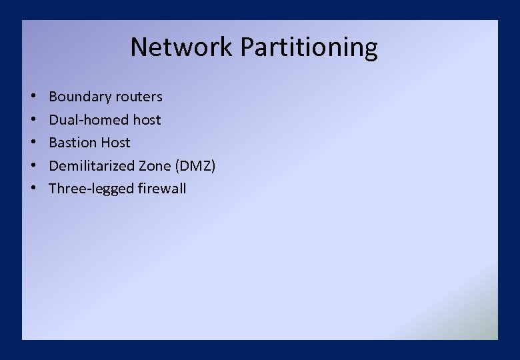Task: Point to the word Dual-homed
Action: [x=89, y=120]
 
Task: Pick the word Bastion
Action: [x=72, y=143]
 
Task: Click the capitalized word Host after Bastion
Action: [x=115, y=143]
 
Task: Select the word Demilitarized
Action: [x=91, y=165]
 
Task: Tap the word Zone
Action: [x=154, y=165]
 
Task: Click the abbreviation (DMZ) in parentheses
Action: [x=195, y=165]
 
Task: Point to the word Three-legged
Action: [x=91, y=189]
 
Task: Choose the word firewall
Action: [x=162, y=189]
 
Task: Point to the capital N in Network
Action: [x=138, y=47]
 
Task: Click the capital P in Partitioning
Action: [x=246, y=47]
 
